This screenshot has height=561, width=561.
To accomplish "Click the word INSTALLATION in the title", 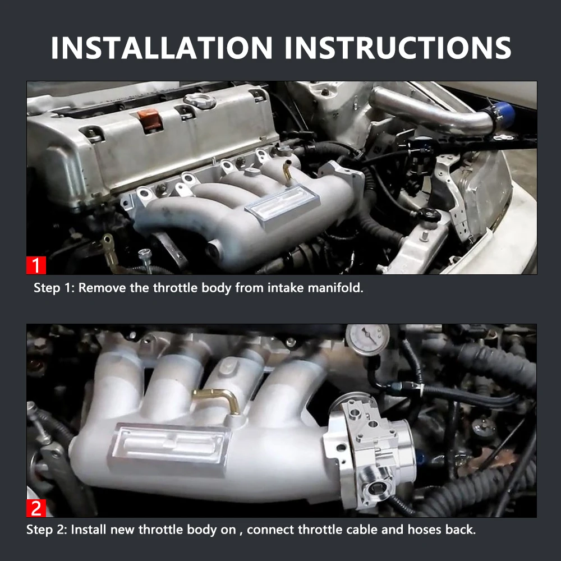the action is coord(162,48).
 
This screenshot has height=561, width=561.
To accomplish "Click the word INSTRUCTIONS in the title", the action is coord(398,48).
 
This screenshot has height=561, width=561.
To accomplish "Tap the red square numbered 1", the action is coord(36,265).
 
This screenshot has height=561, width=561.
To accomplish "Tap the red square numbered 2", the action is coord(36,508).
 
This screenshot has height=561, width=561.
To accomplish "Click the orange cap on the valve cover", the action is coord(150,120).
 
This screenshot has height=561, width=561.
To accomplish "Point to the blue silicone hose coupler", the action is coord(504,114).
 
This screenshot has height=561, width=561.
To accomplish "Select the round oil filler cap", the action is coord(200,100).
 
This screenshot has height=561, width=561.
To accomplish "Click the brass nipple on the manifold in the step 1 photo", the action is coord(287,172).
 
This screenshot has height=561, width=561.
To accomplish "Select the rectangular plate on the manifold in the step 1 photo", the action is coord(282,206).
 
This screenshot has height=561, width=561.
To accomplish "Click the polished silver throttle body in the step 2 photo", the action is coord(372,451).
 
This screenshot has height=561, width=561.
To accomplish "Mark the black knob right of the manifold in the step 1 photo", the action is coord(429,215).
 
